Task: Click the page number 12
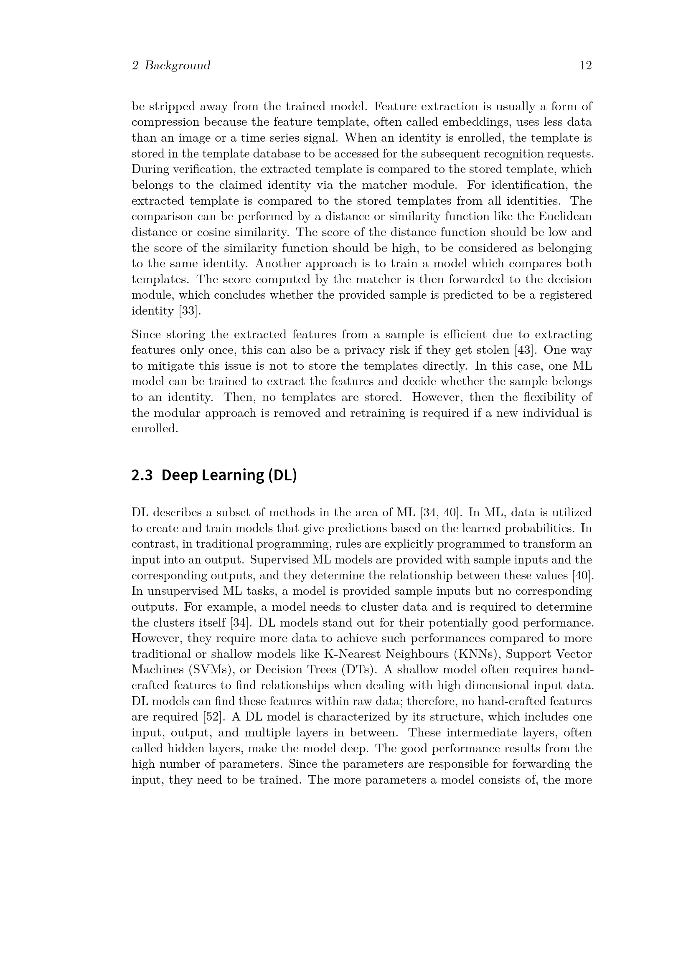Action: (585, 66)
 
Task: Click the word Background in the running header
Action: (177, 66)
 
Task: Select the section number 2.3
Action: (142, 475)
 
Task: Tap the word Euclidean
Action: (565, 217)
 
